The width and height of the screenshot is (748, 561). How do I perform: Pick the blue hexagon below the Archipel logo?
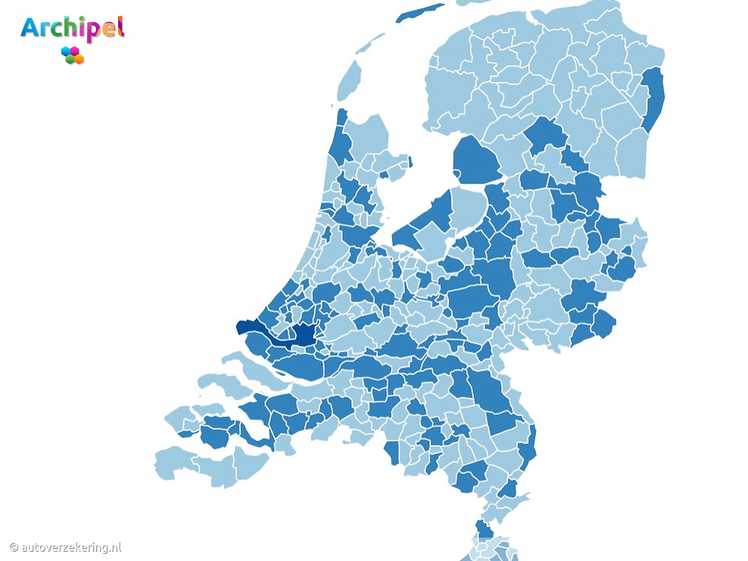(x=66, y=51)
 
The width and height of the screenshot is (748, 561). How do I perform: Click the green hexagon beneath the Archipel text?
(x=70, y=59)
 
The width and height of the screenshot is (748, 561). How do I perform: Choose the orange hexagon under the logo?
(x=79, y=59)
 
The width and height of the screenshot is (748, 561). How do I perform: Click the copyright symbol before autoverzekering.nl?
(x=14, y=548)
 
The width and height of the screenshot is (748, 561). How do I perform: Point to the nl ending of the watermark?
(x=116, y=548)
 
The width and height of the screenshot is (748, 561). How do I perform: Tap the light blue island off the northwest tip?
(x=349, y=81)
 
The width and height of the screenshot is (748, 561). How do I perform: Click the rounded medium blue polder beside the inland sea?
(x=476, y=160)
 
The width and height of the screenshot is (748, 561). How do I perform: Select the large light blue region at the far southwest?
(x=175, y=462)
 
